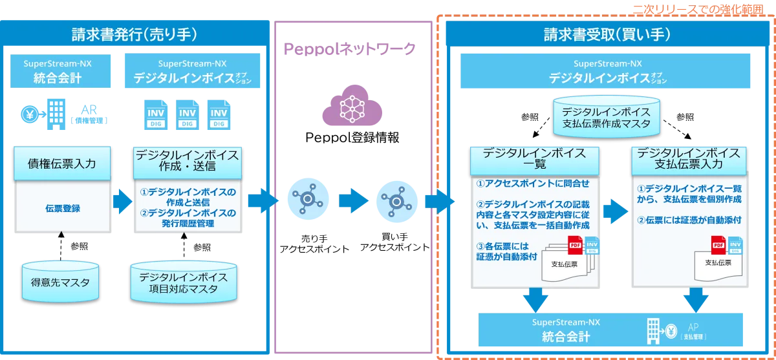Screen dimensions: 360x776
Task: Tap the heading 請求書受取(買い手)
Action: (606, 34)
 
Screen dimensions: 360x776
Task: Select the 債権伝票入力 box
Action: (63, 164)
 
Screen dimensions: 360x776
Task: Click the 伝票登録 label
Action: (63, 208)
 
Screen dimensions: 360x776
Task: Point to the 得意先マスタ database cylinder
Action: (61, 282)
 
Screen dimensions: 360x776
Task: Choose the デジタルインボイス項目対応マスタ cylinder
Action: (183, 282)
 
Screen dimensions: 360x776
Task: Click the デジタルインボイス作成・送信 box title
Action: (186, 160)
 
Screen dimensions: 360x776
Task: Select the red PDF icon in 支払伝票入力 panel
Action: (718, 245)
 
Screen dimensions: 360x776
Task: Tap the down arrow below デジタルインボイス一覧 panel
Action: (536, 299)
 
